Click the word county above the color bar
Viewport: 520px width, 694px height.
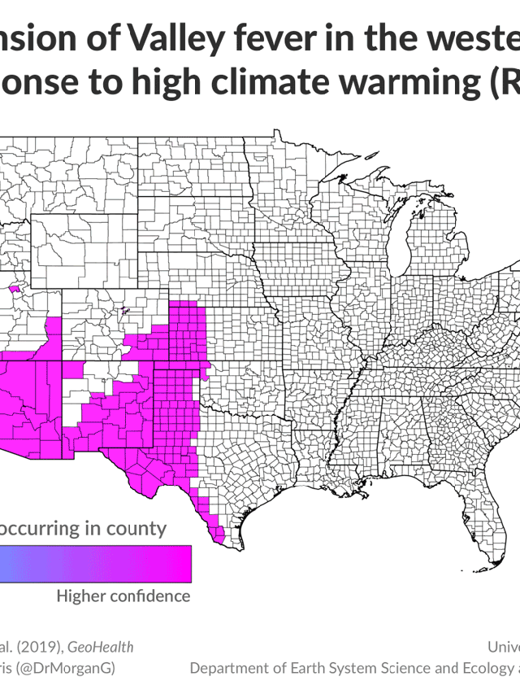click(x=132, y=528)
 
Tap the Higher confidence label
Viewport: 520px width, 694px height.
click(x=123, y=596)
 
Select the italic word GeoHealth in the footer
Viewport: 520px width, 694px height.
click(x=101, y=647)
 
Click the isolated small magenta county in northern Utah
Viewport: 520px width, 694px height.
click(x=15, y=287)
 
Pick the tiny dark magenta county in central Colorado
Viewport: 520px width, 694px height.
click(x=124, y=309)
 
